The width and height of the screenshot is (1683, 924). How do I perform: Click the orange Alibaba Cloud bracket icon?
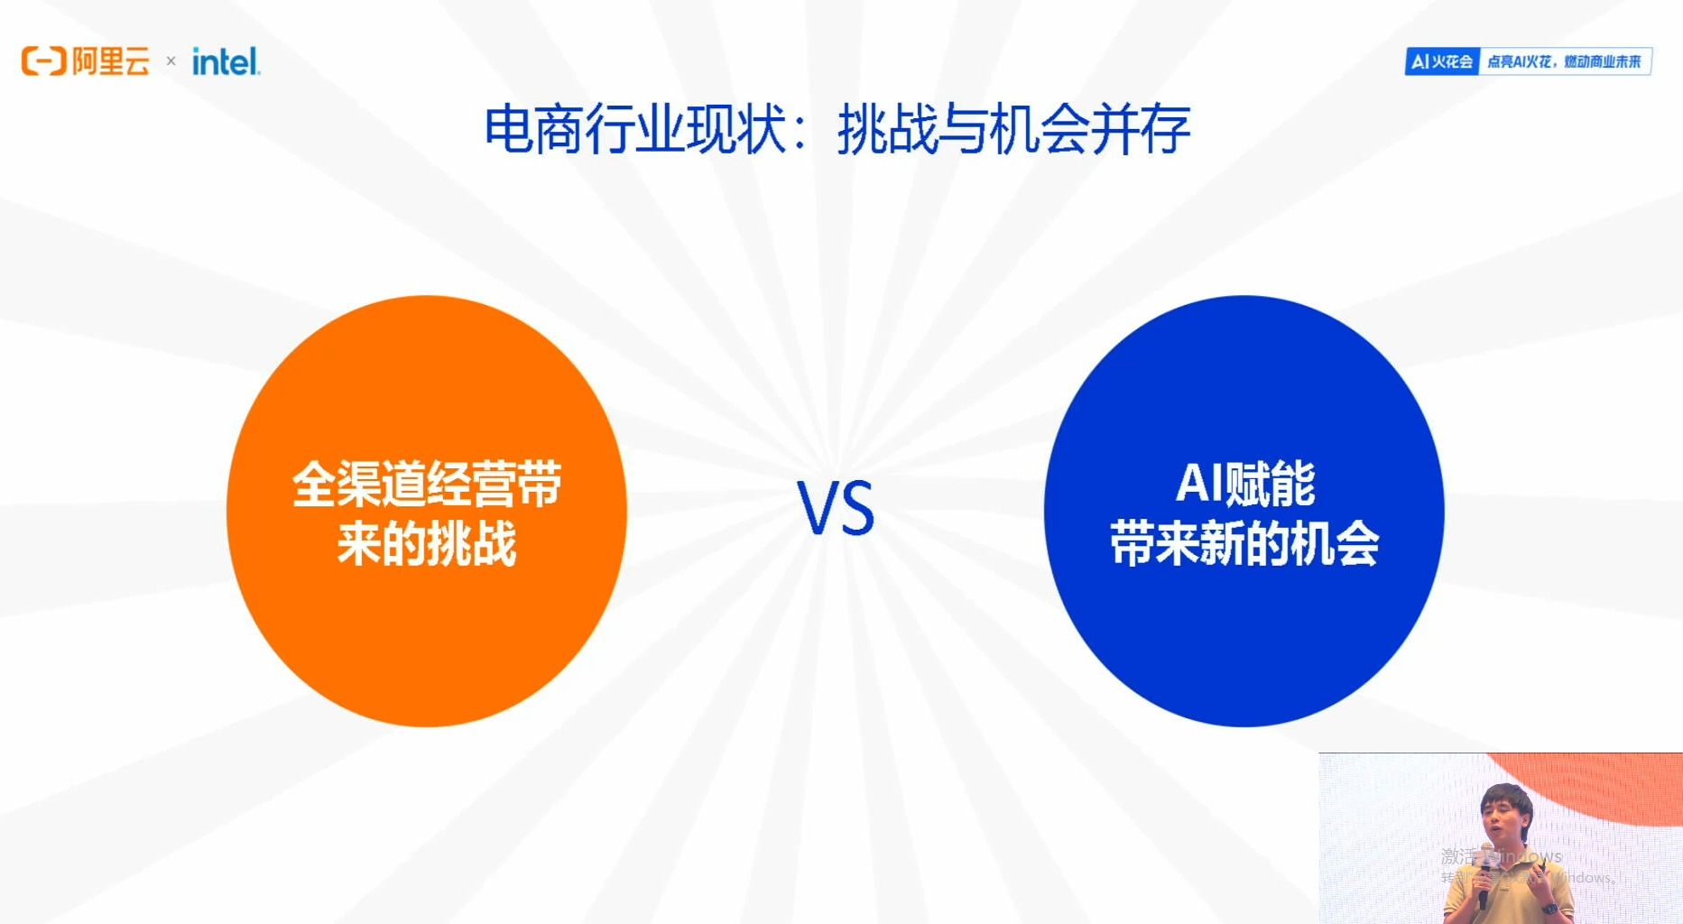click(x=43, y=61)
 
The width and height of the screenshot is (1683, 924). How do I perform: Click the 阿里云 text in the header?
click(x=111, y=61)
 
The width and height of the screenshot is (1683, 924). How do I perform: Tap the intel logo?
click(x=226, y=61)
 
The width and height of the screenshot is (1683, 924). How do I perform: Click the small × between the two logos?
click(x=171, y=61)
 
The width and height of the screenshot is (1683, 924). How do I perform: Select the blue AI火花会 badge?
click(x=1442, y=61)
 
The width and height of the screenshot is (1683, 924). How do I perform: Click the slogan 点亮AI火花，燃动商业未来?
click(x=1564, y=61)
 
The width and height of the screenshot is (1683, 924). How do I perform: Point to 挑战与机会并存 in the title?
click(x=1013, y=130)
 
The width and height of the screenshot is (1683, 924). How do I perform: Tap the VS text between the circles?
click(x=836, y=509)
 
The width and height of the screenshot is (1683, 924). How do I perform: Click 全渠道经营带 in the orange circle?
click(x=427, y=484)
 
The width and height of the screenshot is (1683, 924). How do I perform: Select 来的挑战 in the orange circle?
click(x=427, y=543)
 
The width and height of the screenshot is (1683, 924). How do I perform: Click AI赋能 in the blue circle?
click(x=1245, y=484)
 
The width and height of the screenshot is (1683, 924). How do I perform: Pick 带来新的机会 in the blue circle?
click(x=1244, y=543)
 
